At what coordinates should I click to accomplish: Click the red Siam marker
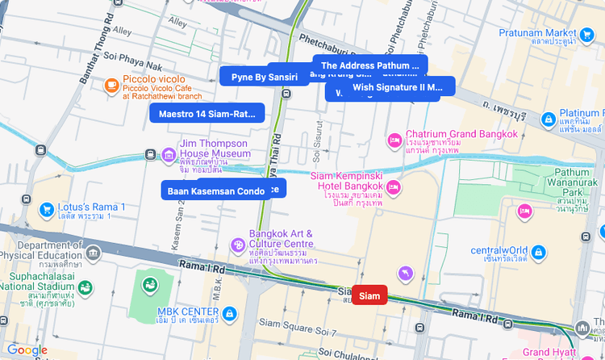tap(369, 295)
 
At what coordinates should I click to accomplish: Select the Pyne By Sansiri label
tap(265, 77)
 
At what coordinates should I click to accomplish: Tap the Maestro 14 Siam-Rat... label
tap(207, 113)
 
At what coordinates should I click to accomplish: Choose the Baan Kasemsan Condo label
tap(215, 190)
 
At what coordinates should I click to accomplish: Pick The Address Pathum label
tap(370, 65)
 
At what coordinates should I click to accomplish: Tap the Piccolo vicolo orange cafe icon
tap(111, 85)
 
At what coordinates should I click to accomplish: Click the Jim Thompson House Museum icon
tap(169, 154)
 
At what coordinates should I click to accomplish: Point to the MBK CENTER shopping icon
tap(230, 312)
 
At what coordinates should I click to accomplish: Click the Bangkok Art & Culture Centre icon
tap(238, 245)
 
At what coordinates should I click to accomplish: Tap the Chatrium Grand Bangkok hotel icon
tap(394, 140)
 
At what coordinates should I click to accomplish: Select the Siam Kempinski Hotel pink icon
tap(394, 188)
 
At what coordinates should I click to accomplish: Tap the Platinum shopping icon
tap(548, 118)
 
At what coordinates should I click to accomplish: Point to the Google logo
tap(27, 350)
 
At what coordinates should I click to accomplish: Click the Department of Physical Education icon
tap(94, 253)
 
